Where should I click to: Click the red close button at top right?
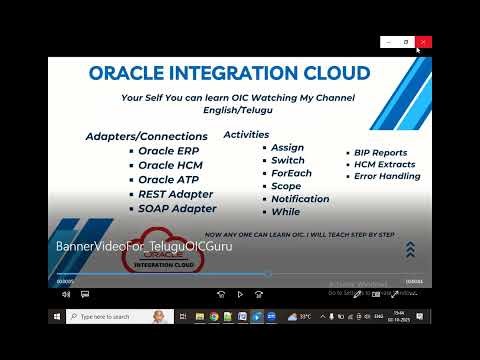click(423, 42)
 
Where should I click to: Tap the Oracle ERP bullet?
click(169, 151)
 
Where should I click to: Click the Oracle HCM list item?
click(171, 165)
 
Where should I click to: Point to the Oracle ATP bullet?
click(170, 179)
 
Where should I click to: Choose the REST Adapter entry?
click(175, 194)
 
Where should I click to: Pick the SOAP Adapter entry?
click(177, 208)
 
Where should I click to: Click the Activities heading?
click(246, 134)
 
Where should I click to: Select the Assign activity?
click(287, 147)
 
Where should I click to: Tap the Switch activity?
click(288, 160)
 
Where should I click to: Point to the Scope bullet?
click(286, 186)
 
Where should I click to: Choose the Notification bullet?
click(300, 199)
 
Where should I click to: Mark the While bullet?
click(285, 212)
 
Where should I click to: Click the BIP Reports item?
click(380, 152)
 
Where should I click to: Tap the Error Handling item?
click(387, 176)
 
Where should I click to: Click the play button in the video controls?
click(240, 294)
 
